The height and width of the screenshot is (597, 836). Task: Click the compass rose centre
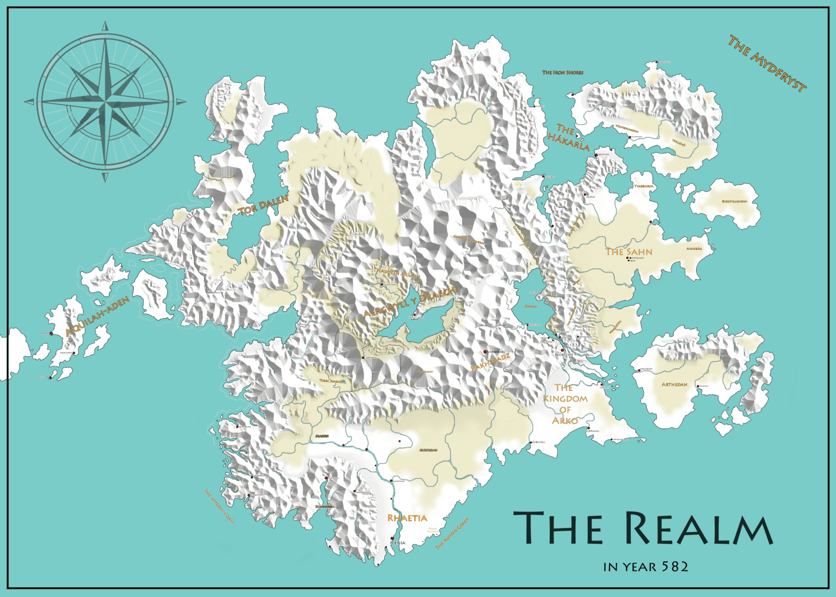pyautogui.click(x=105, y=102)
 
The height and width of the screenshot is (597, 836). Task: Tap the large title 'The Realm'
pyautogui.click(x=643, y=528)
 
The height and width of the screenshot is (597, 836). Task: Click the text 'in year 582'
pyautogui.click(x=646, y=567)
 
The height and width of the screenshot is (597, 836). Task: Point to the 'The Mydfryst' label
pyautogui.click(x=767, y=64)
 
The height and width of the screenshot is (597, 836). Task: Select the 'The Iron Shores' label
pyautogui.click(x=563, y=72)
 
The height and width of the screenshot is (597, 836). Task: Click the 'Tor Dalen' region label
pyautogui.click(x=263, y=205)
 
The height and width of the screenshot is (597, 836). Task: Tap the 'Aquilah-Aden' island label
pyautogui.click(x=98, y=316)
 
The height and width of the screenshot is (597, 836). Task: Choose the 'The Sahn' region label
pyautogui.click(x=629, y=252)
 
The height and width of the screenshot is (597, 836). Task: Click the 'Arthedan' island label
pyautogui.click(x=674, y=385)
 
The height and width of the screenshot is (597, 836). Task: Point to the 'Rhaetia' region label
pyautogui.click(x=407, y=518)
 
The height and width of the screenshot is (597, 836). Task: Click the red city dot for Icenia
pyautogui.click(x=392, y=539)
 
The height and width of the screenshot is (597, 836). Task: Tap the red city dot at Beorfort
pyautogui.click(x=563, y=350)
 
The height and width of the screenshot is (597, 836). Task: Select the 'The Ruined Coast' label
pyautogui.click(x=452, y=533)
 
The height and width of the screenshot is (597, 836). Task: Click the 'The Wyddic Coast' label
pyautogui.click(x=219, y=506)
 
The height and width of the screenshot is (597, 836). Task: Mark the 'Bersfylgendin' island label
pyautogui.click(x=734, y=201)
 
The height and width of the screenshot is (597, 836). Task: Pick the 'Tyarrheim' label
pyautogui.click(x=644, y=186)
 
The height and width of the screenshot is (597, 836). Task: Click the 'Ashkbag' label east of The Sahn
pyautogui.click(x=694, y=249)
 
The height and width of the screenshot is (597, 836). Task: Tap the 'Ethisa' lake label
pyautogui.click(x=531, y=306)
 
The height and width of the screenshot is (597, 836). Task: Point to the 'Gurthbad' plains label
pyautogui.click(x=428, y=450)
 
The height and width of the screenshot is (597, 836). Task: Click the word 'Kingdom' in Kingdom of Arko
pyautogui.click(x=565, y=399)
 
